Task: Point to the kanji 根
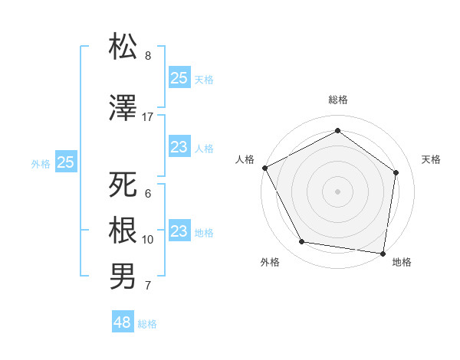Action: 123,230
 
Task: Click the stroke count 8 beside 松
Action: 148,56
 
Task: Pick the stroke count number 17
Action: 148,116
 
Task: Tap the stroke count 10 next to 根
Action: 148,240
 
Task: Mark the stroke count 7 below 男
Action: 148,286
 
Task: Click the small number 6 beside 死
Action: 148,194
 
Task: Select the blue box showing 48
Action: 122,322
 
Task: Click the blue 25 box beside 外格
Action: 66,162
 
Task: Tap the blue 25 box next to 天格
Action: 179,77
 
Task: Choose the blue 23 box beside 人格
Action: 179,148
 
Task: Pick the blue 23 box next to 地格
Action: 179,231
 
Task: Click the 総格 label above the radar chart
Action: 337,100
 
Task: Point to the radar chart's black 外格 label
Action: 270,262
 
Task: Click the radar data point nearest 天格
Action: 396,172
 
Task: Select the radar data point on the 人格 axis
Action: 264,168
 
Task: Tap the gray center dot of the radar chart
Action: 337,191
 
